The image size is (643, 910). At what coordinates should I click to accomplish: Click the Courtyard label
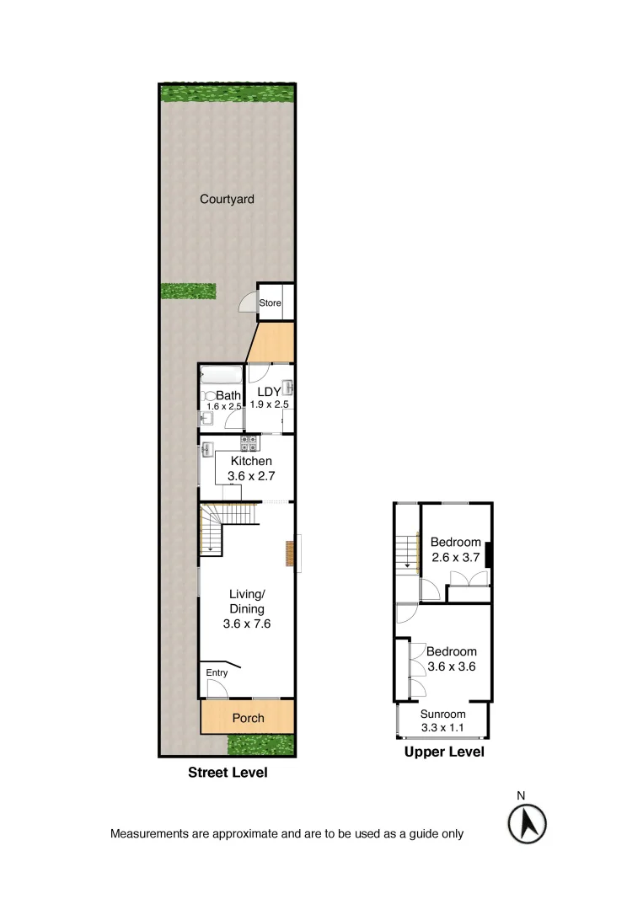[x=227, y=200]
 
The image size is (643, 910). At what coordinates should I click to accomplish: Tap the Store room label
[x=270, y=303]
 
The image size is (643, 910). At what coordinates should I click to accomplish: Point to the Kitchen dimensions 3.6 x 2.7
[x=251, y=476]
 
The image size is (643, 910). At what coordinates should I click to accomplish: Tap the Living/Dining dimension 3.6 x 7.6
[x=246, y=624]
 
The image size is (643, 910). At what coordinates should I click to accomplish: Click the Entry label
[x=217, y=672]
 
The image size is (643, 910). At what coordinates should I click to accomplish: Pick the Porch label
[x=248, y=718]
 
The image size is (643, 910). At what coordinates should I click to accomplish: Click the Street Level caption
[x=227, y=772]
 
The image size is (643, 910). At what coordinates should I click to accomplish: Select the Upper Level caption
[x=444, y=752]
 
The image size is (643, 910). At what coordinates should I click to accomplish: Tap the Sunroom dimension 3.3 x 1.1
[x=443, y=728]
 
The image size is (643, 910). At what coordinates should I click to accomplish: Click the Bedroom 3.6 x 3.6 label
[x=451, y=651]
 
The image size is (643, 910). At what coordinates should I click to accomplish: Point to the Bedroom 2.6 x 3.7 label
[x=455, y=542]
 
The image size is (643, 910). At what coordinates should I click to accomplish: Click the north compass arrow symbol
[x=528, y=822]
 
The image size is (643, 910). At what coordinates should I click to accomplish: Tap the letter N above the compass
[x=521, y=795]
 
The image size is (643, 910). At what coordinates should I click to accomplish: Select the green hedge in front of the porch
[x=260, y=745]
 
